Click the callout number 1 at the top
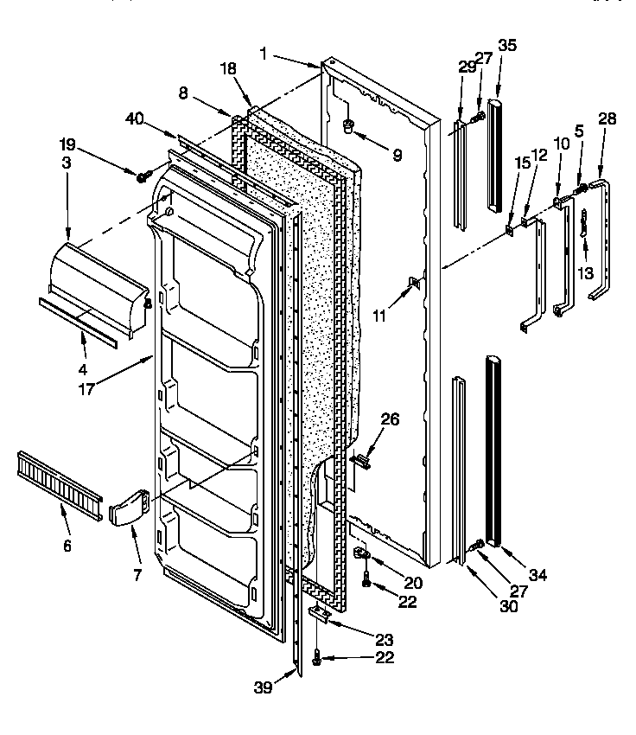pos(264,54)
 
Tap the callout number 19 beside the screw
pos(67,144)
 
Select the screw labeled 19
pos(142,177)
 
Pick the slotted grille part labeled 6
pos(55,479)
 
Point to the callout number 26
pos(391,420)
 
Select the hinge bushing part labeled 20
pos(362,553)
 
